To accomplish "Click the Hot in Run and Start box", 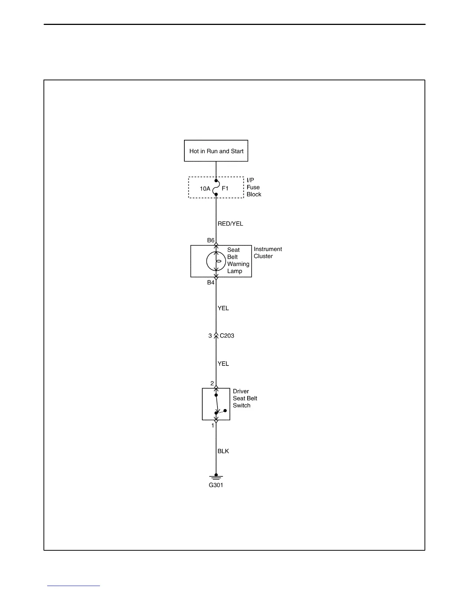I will coord(216,151).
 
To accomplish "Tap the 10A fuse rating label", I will coord(205,189).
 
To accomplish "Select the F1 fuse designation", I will coord(225,189).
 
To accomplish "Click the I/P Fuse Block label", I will coord(254,187).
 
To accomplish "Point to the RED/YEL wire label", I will coord(230,224).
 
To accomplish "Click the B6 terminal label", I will coord(211,241).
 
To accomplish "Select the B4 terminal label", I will coord(211,283).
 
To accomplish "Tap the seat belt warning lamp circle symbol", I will coord(216,261).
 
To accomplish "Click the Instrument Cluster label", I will coord(268,253).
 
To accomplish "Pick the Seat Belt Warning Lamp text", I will coord(238,261).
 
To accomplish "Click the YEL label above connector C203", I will coord(223,308).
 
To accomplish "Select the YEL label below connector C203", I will coord(223,364).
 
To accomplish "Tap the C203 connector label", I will coord(227,336).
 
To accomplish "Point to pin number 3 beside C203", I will coord(210,336).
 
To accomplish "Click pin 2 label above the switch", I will coord(212,384).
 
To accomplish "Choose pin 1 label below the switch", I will coord(213,426).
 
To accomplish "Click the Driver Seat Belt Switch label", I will coord(245,399).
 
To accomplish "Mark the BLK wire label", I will coord(223,451).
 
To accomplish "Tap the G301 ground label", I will coord(216,485).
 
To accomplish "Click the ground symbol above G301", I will coord(216,477).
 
